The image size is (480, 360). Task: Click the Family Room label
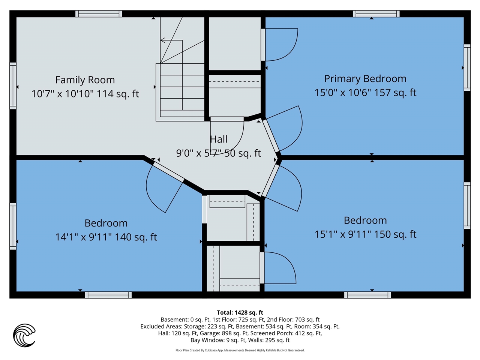tap(85, 80)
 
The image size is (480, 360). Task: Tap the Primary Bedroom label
tap(365, 79)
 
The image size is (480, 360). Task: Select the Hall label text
tap(219, 139)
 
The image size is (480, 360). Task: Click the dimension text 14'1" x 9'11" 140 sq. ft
tap(106, 237)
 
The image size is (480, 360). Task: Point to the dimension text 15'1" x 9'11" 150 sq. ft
tap(365, 234)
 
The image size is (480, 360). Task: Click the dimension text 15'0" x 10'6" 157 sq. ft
tap(365, 93)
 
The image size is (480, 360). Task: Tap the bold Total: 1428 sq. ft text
tap(240, 312)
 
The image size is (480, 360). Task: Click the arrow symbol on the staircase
tap(163, 40)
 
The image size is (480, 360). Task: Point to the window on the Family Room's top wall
tap(99, 14)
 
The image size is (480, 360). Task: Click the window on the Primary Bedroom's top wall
tap(376, 14)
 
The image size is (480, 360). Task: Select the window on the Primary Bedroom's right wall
tap(467, 67)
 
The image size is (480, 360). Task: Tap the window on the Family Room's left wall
tap(13, 86)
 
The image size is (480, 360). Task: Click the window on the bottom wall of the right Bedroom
tap(367, 295)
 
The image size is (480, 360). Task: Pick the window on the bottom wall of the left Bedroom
tap(108, 295)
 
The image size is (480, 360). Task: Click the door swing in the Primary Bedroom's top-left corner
tap(281, 44)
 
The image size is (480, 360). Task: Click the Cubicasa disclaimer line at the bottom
tap(240, 350)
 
